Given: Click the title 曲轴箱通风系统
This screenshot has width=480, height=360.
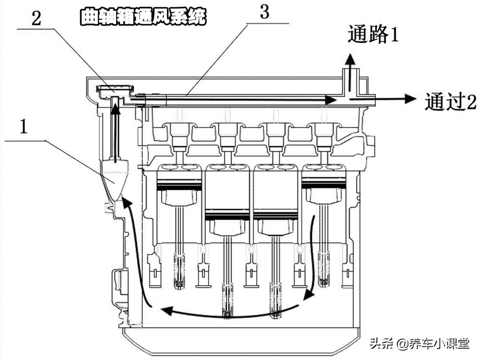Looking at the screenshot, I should tap(143, 17).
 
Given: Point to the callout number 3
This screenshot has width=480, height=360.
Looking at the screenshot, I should tap(264, 12).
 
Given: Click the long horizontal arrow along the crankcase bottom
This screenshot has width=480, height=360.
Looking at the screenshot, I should tap(230, 310).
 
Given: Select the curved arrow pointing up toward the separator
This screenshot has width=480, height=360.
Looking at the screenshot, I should tap(136, 248).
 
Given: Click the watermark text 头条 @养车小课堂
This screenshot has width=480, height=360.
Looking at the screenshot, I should tap(419, 344).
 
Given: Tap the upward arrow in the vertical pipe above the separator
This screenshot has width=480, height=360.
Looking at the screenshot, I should tap(114, 127).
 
